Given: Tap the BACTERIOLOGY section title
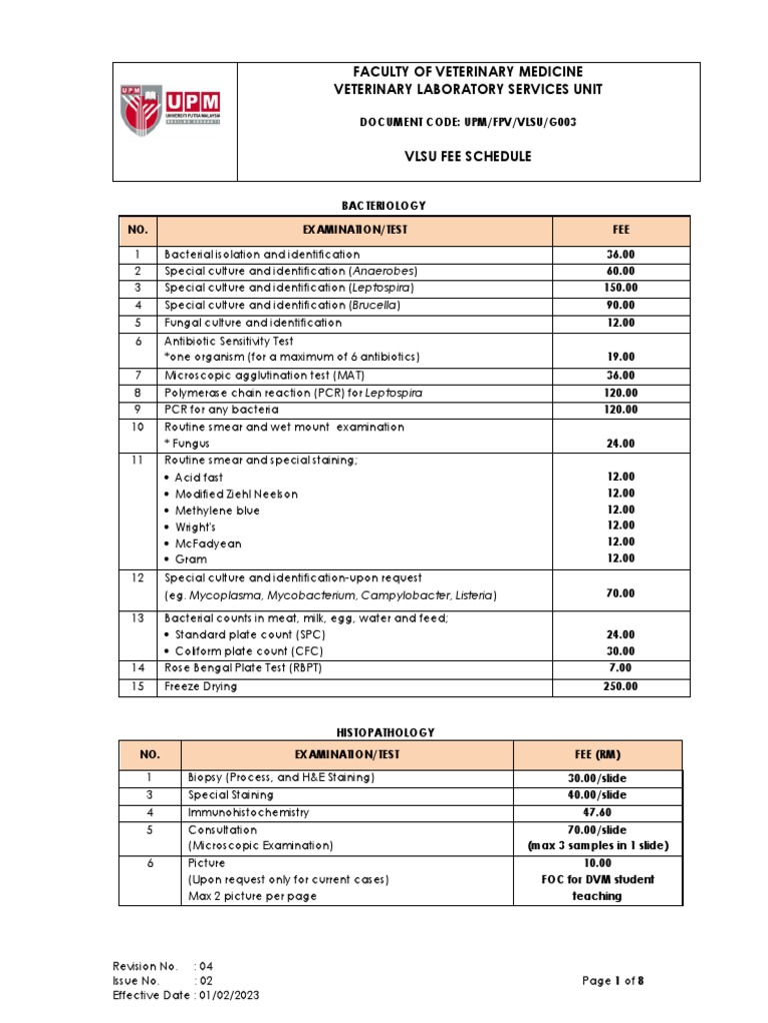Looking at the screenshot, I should point(384,205).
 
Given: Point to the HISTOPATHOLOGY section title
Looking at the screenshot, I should point(399,732).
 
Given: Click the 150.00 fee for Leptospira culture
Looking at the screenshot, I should point(620,288).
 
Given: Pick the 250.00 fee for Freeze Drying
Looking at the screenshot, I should point(620,686).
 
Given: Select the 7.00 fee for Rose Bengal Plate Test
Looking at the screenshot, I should point(620,667).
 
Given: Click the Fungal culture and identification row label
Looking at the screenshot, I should point(253,323).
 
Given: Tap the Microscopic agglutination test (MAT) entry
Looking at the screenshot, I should point(265,375).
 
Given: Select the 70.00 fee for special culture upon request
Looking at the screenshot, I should point(620,593).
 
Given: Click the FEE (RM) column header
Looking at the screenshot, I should point(597,755).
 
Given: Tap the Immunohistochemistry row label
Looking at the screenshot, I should point(249,812).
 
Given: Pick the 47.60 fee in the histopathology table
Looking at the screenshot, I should point(597,813).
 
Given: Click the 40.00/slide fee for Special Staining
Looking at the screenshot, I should point(597,795).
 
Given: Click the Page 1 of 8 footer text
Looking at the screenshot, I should point(613,980).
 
